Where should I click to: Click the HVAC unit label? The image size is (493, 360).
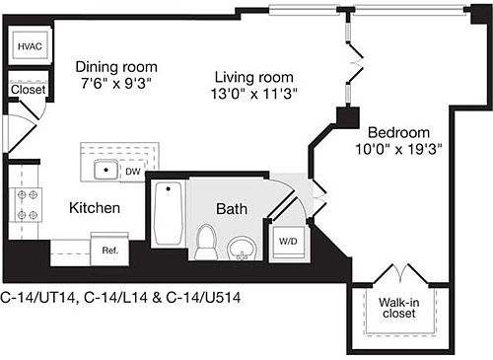coord(30,46)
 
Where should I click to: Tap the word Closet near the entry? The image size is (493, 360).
coord(28,90)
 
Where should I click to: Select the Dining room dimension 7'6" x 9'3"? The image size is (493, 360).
coord(116,84)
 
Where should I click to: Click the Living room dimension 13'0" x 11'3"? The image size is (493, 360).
coord(253,94)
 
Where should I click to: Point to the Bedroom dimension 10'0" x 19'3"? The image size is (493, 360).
coord(398,150)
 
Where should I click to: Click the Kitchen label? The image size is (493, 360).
coord(95,208)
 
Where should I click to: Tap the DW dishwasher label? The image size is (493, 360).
coord(133,172)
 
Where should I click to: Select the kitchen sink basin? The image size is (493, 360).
coord(106,170)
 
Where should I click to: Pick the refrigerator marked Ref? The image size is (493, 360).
coord(109,249)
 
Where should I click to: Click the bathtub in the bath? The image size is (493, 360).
coord(169,213)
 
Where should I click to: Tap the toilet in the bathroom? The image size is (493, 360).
coord(206,242)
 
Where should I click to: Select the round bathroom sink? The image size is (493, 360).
coord(242,249)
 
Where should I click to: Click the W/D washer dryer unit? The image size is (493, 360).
coord(288,243)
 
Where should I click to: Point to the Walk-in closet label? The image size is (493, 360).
coord(399,308)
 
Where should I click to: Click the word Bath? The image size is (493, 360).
coord(232,209)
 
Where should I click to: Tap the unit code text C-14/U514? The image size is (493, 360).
coord(203,298)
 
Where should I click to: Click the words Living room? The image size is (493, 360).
coord(254,78)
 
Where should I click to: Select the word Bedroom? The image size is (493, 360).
coord(398,133)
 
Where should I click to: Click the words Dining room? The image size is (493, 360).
coord(116,67)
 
